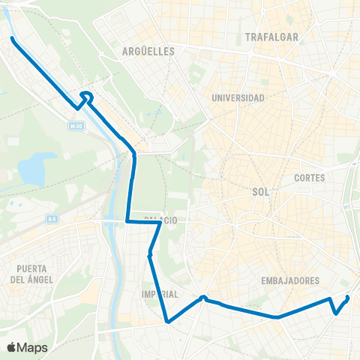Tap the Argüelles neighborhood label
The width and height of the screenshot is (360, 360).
click(148, 52)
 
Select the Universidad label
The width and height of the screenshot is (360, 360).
click(238, 98)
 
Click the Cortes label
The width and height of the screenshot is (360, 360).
click(310, 178)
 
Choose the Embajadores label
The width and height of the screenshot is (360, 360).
click(291, 280)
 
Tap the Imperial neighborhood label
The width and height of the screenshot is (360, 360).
click(160, 294)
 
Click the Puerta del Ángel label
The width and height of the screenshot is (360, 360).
click(29, 274)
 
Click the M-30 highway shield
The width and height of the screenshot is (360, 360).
click(73, 127)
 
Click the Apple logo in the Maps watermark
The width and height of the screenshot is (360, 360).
click(12, 347)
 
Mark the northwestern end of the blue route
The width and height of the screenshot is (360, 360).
click(12, 38)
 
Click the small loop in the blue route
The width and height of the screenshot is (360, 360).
click(86, 95)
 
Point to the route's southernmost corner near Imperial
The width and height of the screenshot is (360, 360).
click(168, 322)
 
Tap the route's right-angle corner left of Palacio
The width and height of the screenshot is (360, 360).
click(127, 221)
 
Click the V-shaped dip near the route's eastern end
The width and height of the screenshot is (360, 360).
click(335, 313)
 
